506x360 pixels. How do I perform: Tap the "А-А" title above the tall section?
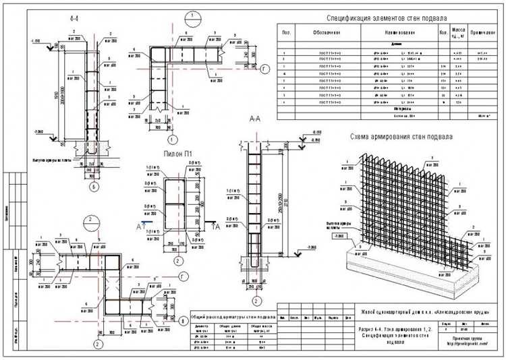pyautogui.click(x=255, y=119)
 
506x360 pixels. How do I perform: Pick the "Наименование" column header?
pyautogui.click(x=397, y=32)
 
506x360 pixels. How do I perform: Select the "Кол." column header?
pyautogui.click(x=443, y=32)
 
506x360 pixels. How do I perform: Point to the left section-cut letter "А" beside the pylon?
pyautogui.click(x=139, y=227)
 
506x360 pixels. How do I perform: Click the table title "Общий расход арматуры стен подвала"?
pyautogui.click(x=232, y=315)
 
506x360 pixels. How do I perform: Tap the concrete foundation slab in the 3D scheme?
pyautogui.click(x=378, y=266)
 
